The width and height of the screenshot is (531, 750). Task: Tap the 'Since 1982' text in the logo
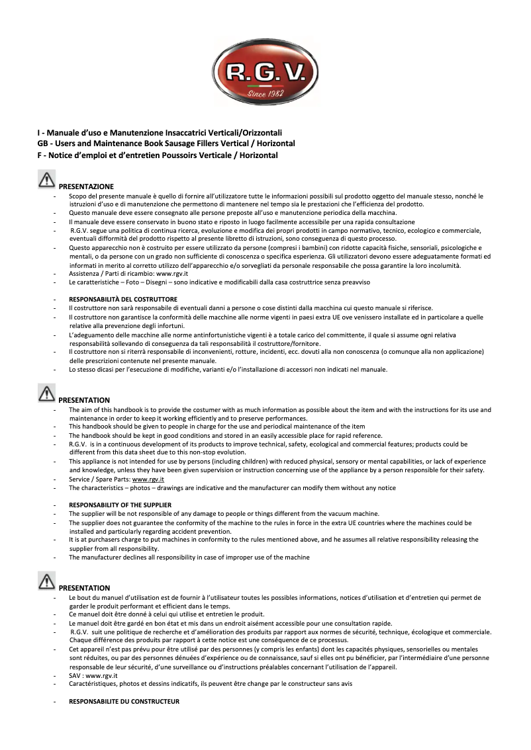[x=265, y=93]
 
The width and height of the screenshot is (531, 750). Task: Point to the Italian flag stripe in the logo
[x=265, y=85]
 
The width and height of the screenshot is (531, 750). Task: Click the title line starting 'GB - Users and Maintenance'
[x=166, y=144]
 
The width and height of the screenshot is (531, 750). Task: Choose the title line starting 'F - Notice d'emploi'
[x=158, y=155]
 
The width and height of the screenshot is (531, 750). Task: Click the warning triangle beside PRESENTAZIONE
[x=47, y=180]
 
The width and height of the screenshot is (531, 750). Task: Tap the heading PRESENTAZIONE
[x=86, y=187]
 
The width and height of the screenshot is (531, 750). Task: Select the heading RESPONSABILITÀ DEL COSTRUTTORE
[x=123, y=300]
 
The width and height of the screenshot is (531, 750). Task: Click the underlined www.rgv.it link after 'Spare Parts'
[x=148, y=479]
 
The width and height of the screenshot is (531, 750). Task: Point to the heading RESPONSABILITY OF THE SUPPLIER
[x=121, y=505]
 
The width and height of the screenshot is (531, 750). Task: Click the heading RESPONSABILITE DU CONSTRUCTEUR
[x=124, y=701]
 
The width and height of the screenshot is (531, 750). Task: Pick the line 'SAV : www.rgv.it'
[x=93, y=675]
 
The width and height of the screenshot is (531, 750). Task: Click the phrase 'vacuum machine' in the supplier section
[x=356, y=514]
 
